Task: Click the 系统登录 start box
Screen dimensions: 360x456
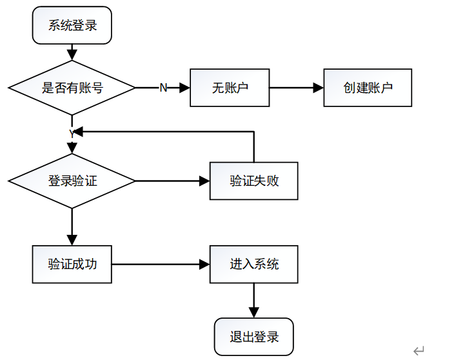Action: pos(72,26)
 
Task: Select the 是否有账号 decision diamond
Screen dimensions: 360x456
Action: pos(72,88)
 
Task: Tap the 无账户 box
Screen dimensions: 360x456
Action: pos(229,88)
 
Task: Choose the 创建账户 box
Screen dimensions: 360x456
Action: pos(368,88)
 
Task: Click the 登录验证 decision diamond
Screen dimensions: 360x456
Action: pos(72,181)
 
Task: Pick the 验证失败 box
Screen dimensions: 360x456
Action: pos(253,181)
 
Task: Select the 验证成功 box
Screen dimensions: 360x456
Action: pos(72,264)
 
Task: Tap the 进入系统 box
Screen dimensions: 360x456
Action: pos(253,264)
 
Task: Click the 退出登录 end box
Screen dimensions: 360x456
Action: pos(253,337)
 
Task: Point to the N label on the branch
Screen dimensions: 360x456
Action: pos(163,88)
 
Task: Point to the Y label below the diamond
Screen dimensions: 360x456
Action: pos(72,133)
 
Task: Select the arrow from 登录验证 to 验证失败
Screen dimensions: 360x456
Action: pos(173,181)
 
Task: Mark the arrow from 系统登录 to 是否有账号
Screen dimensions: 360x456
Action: pos(72,52)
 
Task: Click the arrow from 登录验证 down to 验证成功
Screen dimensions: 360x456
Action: pos(72,226)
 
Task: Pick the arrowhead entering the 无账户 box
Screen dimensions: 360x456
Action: pos(184,88)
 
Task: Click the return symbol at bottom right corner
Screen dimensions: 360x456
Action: pos(419,351)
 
